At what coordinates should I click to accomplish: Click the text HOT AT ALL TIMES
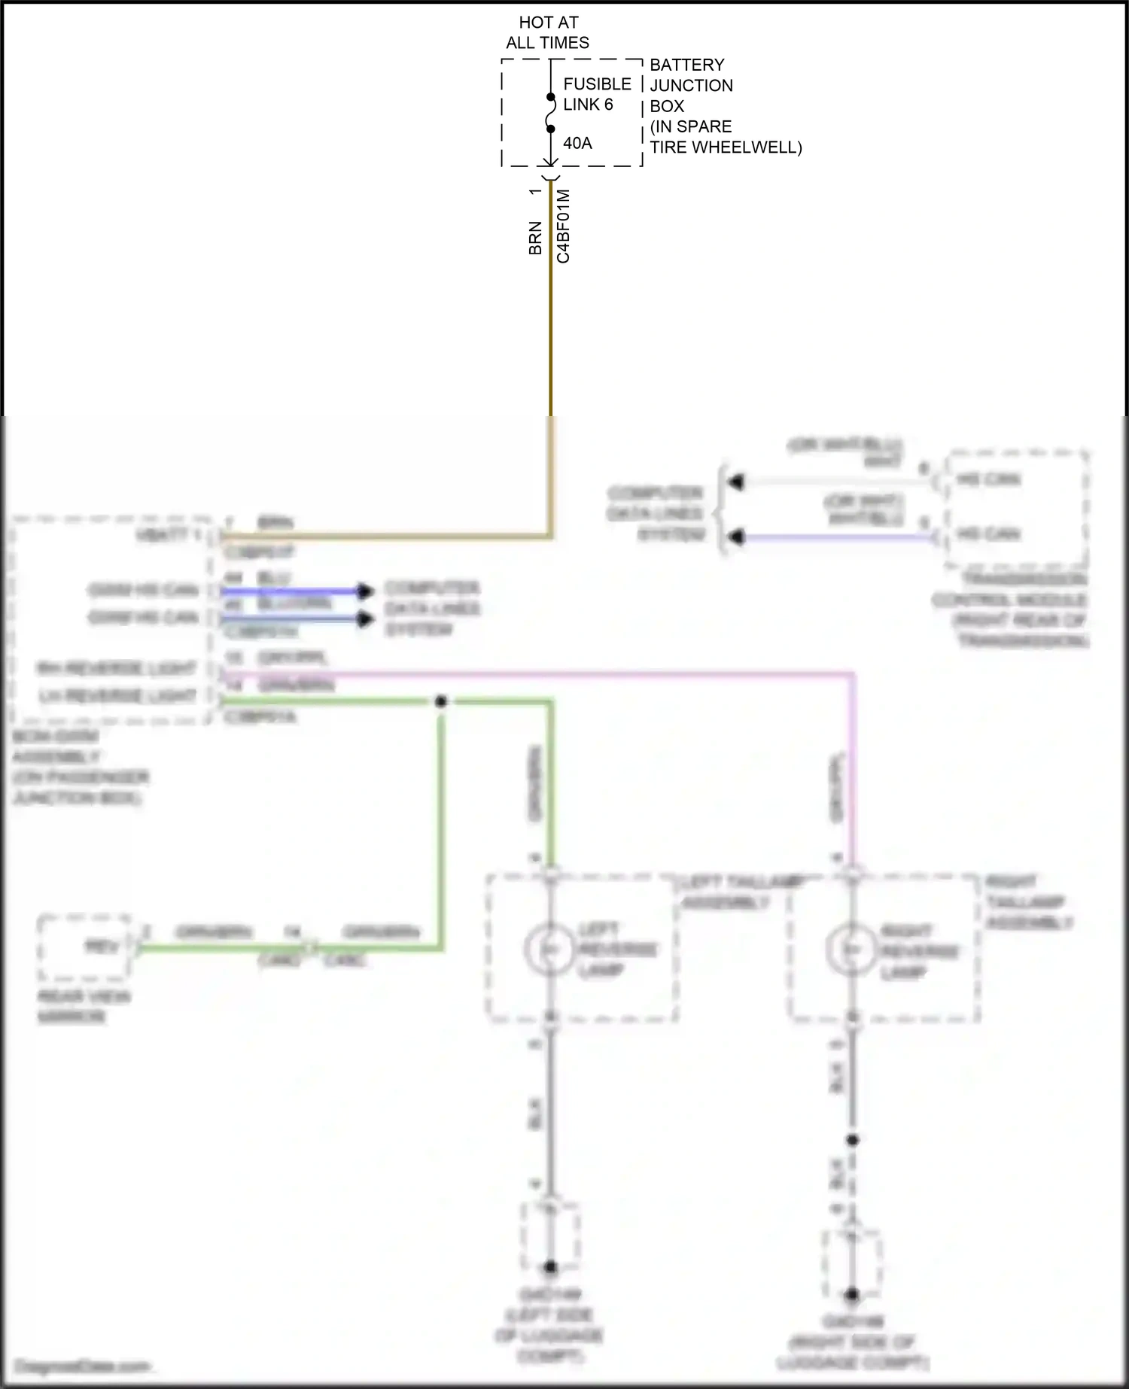pos(548,33)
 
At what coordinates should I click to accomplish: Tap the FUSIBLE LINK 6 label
pos(597,94)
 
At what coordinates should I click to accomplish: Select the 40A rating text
pos(577,143)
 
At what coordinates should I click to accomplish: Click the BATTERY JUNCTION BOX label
pos(725,106)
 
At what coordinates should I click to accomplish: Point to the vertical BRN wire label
pos(535,238)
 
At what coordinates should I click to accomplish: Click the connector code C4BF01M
pos(563,226)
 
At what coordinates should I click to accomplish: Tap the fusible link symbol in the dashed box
pos(551,113)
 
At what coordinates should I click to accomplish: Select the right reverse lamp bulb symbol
pos(851,950)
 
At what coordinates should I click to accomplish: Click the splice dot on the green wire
pos(441,701)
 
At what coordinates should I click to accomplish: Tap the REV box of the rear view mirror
pos(84,947)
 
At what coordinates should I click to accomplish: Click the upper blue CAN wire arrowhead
pos(365,591)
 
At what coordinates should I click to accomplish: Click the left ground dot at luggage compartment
pos(550,1268)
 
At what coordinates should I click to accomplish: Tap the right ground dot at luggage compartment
pos(851,1295)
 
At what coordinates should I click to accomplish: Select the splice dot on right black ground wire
pos(852,1140)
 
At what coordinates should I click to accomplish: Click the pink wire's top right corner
pos(852,675)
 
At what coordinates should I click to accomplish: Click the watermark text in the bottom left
pos(83,1366)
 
